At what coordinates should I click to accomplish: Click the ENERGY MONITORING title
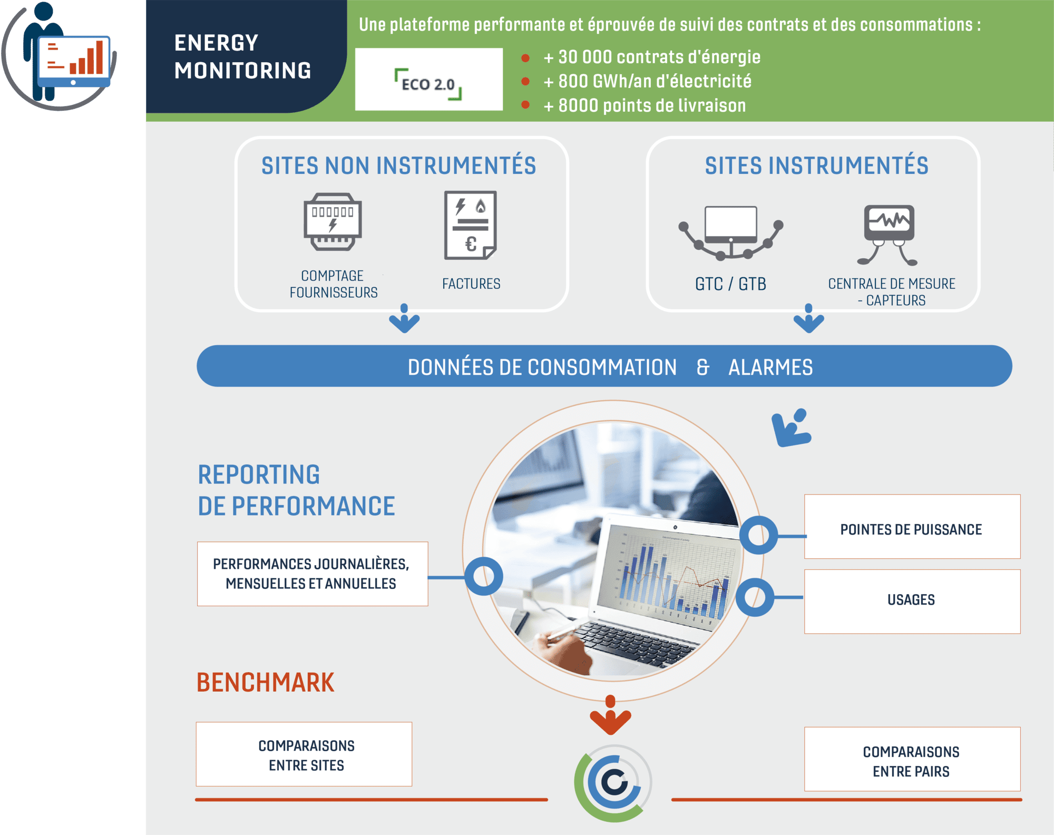pyautogui.click(x=242, y=56)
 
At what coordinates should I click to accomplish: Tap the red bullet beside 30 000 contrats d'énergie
pyautogui.click(x=525, y=58)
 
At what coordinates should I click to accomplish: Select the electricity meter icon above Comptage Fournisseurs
pyautogui.click(x=333, y=222)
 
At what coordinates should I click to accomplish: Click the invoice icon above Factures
pyautogui.click(x=470, y=225)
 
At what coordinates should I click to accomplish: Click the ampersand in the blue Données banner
pyautogui.click(x=703, y=367)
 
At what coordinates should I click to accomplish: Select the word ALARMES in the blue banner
pyautogui.click(x=770, y=367)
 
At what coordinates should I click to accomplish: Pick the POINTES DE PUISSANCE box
pyautogui.click(x=912, y=527)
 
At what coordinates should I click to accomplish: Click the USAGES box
pyautogui.click(x=912, y=601)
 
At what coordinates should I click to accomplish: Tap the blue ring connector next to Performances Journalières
pyautogui.click(x=484, y=576)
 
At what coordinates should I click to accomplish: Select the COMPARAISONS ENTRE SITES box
pyautogui.click(x=304, y=754)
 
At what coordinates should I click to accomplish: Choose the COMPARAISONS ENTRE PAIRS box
pyautogui.click(x=912, y=759)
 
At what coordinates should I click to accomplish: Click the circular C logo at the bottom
pyautogui.click(x=613, y=783)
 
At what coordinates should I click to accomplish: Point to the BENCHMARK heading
pyautogui.click(x=265, y=683)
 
